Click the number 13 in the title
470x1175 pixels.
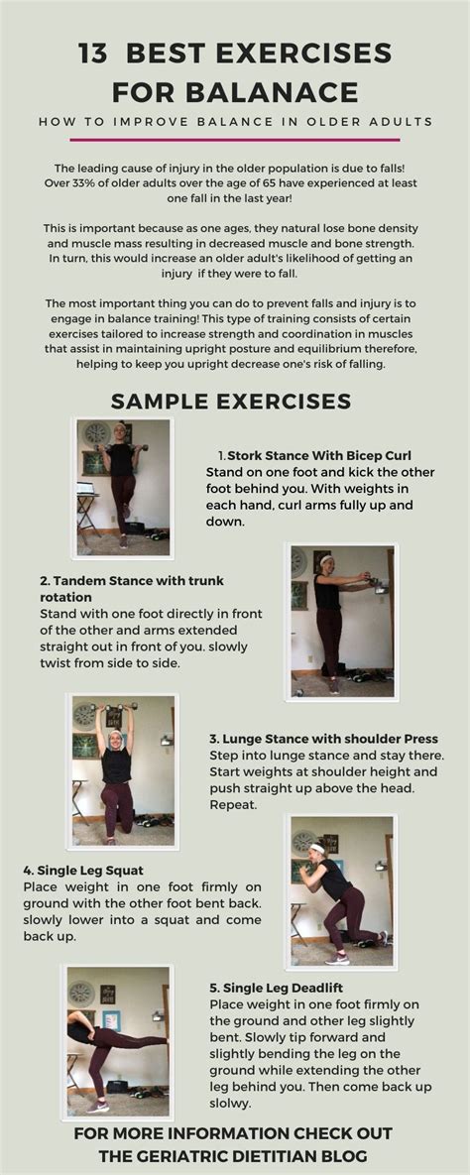pyautogui.click(x=96, y=54)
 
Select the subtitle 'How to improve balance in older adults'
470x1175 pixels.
pyautogui.click(x=235, y=122)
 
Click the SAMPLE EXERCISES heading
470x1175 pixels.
pyautogui.click(x=231, y=401)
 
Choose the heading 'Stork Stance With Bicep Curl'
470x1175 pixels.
pyautogui.click(x=312, y=456)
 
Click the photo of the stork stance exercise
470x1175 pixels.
pyautogui.click(x=124, y=486)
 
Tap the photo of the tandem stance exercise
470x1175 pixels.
pyautogui.click(x=341, y=620)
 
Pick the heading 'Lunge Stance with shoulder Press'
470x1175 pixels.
pyautogui.click(x=323, y=739)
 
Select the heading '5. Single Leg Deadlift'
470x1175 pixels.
pyautogui.click(x=284, y=988)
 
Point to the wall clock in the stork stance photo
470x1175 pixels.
pyautogui.click(x=96, y=433)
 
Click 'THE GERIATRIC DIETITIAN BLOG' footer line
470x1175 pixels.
pyautogui.click(x=234, y=1155)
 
